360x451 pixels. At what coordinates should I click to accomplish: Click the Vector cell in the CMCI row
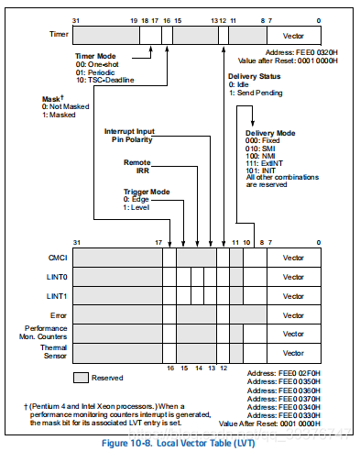(293, 259)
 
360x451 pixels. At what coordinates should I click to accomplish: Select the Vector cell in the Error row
(293, 314)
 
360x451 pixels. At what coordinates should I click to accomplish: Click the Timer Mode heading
(94, 56)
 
